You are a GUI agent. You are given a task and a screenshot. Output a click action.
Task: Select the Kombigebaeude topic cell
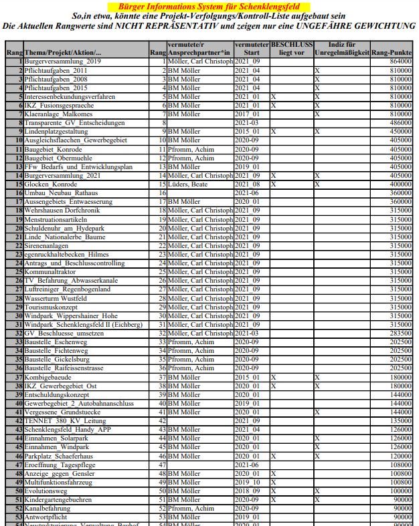[51, 377]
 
